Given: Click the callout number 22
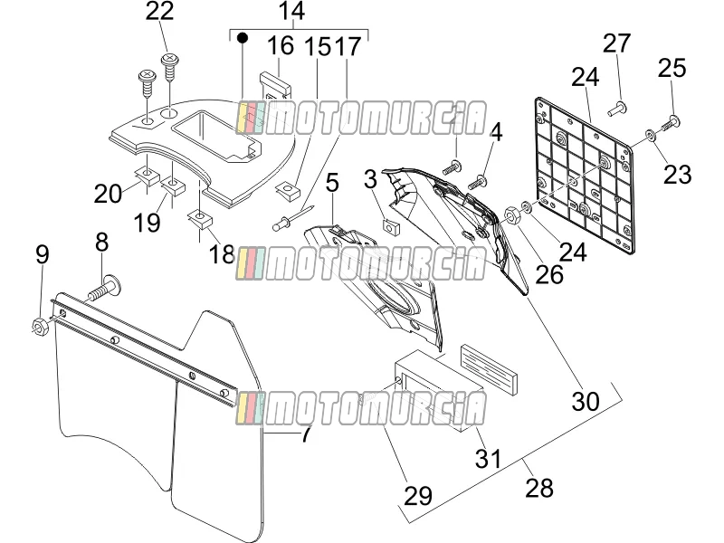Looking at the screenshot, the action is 159,11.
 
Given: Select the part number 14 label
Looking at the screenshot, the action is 291,11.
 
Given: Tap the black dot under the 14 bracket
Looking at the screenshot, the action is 242,37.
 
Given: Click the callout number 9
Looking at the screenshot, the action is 42,254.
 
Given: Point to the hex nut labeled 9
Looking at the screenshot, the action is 38,326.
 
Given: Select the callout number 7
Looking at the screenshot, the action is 307,433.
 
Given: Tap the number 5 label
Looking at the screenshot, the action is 332,183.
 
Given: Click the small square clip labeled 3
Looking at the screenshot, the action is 392,227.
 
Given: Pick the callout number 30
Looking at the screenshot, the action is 586,401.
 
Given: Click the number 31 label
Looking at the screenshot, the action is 488,459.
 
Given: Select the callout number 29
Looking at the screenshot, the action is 418,496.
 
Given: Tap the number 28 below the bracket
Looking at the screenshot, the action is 539,488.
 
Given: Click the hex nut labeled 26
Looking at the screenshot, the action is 511,214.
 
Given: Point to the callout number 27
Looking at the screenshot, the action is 616,43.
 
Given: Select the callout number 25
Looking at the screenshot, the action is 672,69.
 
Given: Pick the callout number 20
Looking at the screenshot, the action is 108,194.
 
